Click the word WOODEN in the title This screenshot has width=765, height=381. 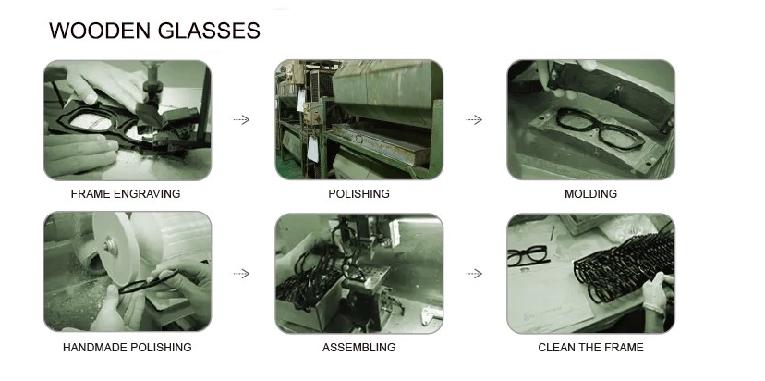click(x=100, y=31)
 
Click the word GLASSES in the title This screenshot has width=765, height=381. click(x=209, y=31)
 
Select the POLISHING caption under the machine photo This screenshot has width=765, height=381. click(x=359, y=194)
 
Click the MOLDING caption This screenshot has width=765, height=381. click(x=590, y=194)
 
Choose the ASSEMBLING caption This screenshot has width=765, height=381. click(x=359, y=348)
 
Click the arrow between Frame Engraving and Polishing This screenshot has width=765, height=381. click(x=241, y=119)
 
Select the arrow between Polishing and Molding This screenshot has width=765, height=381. click(x=474, y=119)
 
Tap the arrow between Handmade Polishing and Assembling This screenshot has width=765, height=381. click(x=241, y=274)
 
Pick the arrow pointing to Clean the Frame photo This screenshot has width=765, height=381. click(x=474, y=274)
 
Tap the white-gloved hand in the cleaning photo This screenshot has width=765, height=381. click(x=657, y=292)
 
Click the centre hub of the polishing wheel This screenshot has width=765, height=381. click(x=110, y=245)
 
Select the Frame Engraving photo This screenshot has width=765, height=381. click(x=127, y=120)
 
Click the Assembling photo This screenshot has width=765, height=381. click(x=359, y=274)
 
